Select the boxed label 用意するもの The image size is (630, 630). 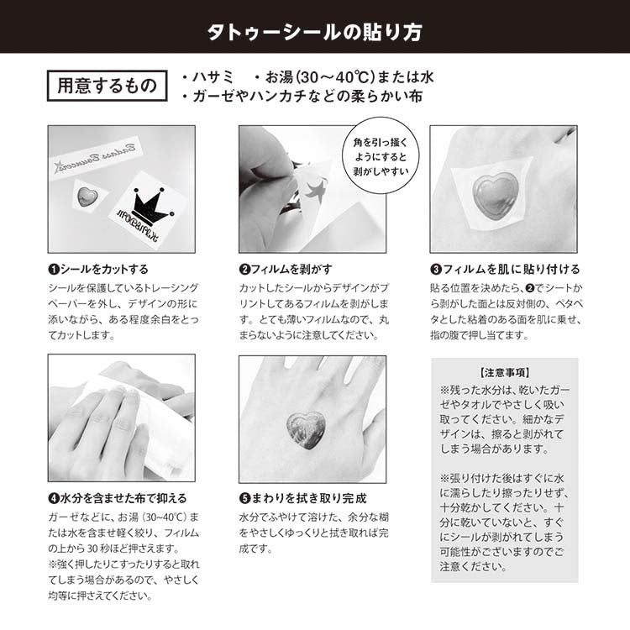(105, 85)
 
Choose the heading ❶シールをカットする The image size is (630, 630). (98, 270)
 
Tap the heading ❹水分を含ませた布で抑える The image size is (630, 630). (117, 498)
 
